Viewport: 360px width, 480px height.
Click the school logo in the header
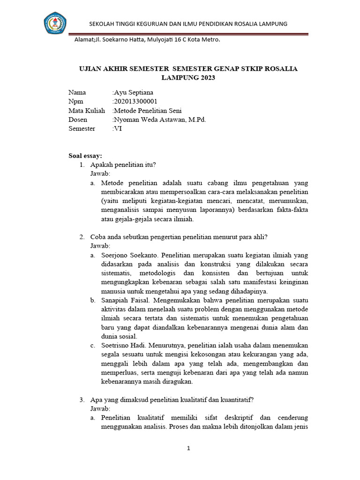(55, 24)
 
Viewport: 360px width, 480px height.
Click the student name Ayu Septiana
(133, 92)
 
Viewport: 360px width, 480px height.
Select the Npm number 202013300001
(135, 101)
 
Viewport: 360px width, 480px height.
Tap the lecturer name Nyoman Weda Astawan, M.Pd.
(160, 120)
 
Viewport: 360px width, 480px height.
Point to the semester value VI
(117, 128)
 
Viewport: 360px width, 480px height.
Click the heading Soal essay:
(85, 156)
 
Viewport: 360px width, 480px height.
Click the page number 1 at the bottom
(188, 449)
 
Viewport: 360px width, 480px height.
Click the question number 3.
(82, 400)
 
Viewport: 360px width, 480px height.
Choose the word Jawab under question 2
(100, 246)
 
